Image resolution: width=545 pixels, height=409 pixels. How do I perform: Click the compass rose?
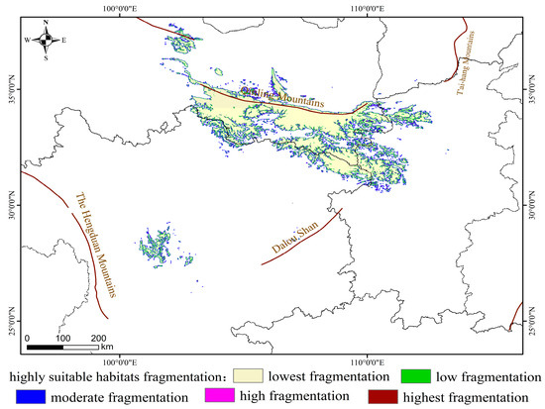click(x=46, y=41)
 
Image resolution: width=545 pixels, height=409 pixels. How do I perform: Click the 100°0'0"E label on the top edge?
click(x=119, y=8)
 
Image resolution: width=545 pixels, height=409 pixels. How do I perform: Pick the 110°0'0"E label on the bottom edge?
click(x=368, y=349)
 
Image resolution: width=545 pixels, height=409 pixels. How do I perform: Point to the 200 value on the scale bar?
click(x=99, y=339)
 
